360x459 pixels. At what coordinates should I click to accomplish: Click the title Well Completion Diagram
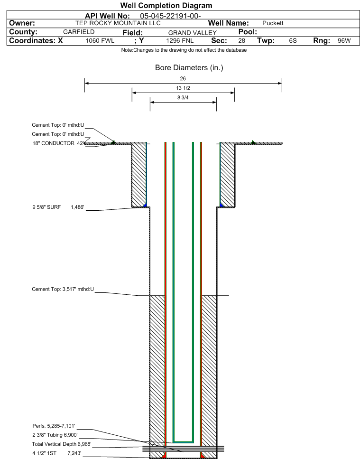coord(166,6)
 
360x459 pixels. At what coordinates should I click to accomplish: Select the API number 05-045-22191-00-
coord(170,16)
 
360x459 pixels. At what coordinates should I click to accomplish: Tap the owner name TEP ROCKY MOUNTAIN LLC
coord(118,23)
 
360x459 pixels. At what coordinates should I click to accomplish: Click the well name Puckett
coord(273,23)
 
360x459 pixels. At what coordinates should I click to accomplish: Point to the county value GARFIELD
coord(79,32)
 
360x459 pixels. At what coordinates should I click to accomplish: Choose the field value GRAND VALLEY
coord(192,33)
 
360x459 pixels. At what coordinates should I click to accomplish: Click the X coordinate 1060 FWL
coord(100,41)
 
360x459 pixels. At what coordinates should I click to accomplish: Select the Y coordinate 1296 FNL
coord(180,41)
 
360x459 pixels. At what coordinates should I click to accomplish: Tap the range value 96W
coord(344,41)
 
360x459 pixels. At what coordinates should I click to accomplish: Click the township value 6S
coord(293,41)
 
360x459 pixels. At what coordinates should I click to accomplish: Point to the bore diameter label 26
coord(183,78)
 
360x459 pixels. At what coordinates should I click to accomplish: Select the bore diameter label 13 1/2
coord(183,88)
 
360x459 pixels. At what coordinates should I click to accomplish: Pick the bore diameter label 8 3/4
coord(183,98)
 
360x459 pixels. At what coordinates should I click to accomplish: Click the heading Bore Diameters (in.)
coord(189,67)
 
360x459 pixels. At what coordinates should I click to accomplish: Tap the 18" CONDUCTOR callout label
coord(58,143)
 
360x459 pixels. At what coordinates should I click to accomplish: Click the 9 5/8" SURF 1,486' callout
coord(58,207)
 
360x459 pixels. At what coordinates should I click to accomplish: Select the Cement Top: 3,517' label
coord(63,289)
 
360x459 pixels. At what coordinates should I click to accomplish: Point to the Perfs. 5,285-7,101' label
coord(54,426)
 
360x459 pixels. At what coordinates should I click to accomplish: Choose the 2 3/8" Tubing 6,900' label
coord(55,435)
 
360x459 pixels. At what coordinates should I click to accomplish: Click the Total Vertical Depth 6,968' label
coord(62,444)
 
